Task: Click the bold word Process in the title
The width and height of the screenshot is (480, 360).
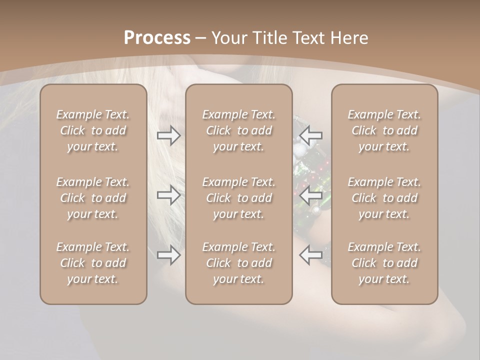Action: tap(157, 38)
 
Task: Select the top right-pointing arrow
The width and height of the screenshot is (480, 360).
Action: tap(169, 135)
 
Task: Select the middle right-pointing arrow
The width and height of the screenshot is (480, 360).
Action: tap(169, 195)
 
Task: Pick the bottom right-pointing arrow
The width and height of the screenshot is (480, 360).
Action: tap(169, 255)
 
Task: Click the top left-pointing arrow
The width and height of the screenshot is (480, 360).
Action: tap(310, 135)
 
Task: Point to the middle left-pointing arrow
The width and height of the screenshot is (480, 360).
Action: tap(310, 195)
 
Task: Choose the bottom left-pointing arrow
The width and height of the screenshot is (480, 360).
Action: tap(310, 255)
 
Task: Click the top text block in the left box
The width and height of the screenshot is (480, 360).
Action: tap(93, 130)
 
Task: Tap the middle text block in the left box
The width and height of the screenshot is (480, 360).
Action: tap(93, 198)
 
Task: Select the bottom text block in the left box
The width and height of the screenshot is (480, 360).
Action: tap(93, 263)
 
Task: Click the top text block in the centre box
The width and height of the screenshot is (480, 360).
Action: tap(238, 130)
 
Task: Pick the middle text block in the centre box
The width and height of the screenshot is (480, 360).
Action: tap(238, 198)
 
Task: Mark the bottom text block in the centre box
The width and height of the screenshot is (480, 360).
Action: tap(238, 263)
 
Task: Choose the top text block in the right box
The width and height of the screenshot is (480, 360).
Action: tap(384, 130)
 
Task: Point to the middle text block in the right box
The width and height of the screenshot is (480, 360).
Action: tap(384, 198)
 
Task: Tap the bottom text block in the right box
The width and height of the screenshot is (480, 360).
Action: tap(384, 263)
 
